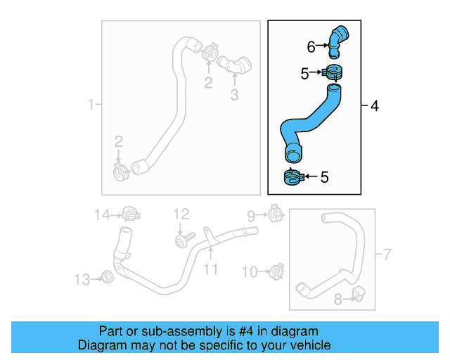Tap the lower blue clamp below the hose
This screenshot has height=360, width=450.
click(x=292, y=177)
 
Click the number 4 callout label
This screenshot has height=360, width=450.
click(x=374, y=106)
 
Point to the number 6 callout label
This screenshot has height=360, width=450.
click(x=311, y=47)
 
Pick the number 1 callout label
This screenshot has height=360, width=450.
click(x=90, y=105)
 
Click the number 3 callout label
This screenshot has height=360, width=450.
click(x=235, y=94)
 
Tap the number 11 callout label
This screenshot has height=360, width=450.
click(x=211, y=269)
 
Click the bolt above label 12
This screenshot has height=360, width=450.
click(x=181, y=240)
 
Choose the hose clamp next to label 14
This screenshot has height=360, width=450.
click(x=129, y=212)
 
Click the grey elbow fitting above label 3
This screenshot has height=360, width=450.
click(x=234, y=65)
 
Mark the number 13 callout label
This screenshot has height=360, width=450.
click(x=83, y=280)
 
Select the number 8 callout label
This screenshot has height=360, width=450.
click(x=338, y=300)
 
